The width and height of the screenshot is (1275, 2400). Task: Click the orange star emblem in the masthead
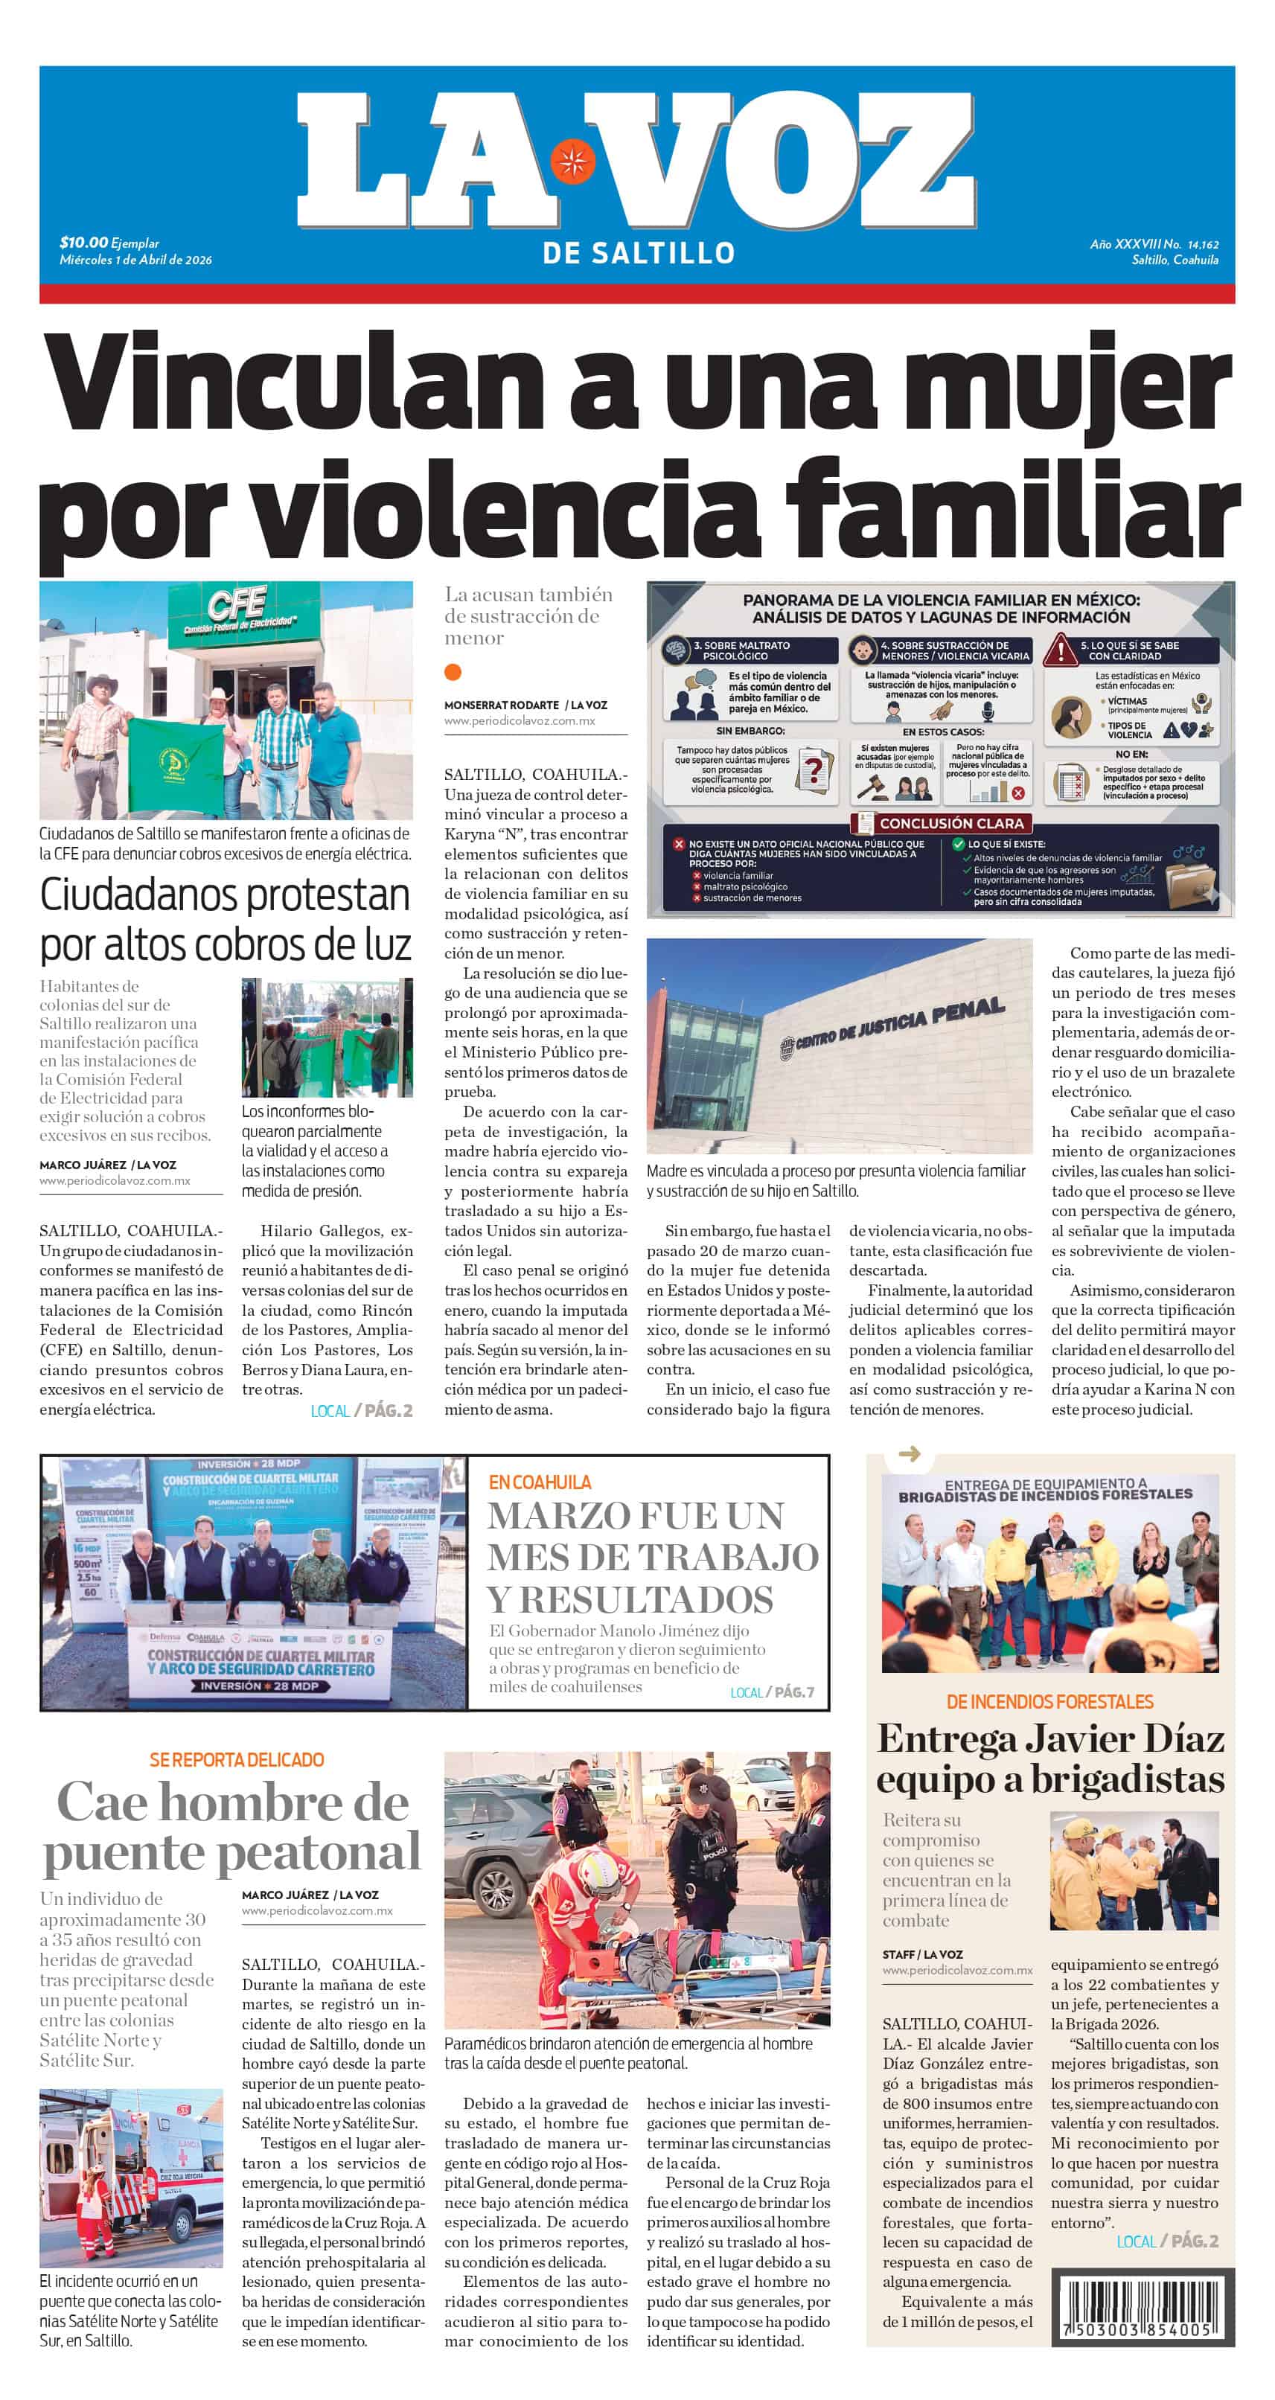pyautogui.click(x=570, y=161)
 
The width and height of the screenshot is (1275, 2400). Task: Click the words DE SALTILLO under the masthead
pyautogui.click(x=639, y=252)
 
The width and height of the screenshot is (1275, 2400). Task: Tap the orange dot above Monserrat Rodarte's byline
pyautogui.click(x=453, y=672)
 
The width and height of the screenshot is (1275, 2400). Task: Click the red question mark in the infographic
pyautogui.click(x=816, y=769)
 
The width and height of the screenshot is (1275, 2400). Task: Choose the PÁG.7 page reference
pyautogui.click(x=794, y=1692)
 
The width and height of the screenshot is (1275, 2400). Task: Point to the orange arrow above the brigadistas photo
pyautogui.click(x=909, y=1453)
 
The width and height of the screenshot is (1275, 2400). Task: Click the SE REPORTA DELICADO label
pyautogui.click(x=237, y=1760)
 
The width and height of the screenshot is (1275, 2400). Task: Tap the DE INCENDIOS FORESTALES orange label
pyautogui.click(x=1049, y=1702)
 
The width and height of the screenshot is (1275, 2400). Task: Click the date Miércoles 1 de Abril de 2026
pyautogui.click(x=136, y=260)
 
